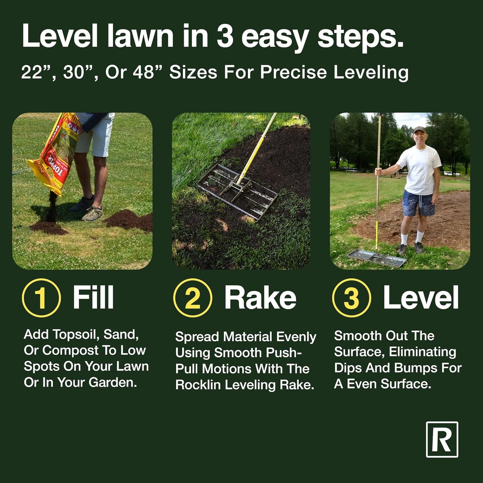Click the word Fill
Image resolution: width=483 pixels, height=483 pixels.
93,297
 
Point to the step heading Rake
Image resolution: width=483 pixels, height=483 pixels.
260,297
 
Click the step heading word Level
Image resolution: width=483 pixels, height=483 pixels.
420,297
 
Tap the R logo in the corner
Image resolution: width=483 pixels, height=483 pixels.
442,440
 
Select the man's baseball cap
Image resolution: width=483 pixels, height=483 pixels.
419,130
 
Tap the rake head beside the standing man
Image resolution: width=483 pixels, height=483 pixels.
377,258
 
